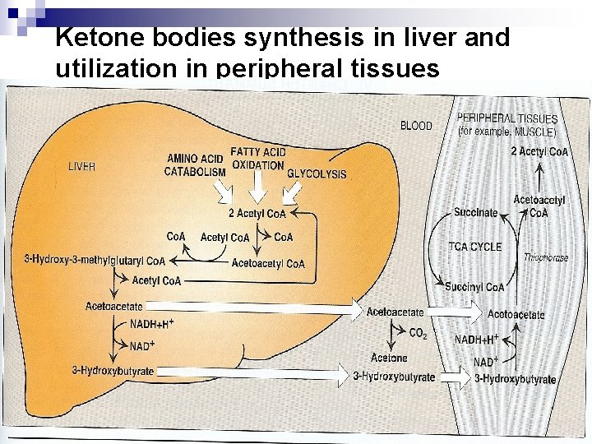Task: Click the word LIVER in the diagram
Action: (x=81, y=166)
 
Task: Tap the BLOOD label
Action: (x=416, y=126)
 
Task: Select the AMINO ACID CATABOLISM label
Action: (x=195, y=165)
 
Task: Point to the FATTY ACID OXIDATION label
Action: (x=258, y=159)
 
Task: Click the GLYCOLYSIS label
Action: (x=317, y=174)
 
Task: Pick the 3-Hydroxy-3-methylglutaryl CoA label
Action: (x=95, y=261)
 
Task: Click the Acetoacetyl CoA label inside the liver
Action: (x=268, y=264)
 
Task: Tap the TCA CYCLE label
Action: (x=475, y=247)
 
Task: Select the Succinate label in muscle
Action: (x=476, y=212)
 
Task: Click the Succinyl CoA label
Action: (x=474, y=287)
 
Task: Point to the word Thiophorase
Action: (x=546, y=257)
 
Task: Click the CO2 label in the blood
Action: (x=418, y=334)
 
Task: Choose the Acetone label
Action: (x=389, y=358)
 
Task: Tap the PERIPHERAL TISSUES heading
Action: (x=506, y=119)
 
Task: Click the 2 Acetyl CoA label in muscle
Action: (x=539, y=151)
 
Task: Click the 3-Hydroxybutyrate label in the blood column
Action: (x=394, y=377)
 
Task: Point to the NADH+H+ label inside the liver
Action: (x=153, y=324)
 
